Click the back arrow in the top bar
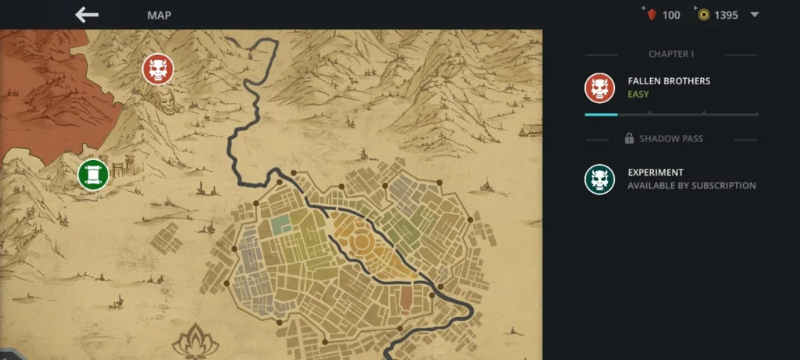tap(87, 15)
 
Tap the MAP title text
tap(159, 15)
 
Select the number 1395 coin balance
tap(726, 15)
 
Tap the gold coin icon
tap(704, 15)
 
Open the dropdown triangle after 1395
tap(755, 15)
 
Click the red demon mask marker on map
tap(158, 70)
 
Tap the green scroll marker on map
tap(93, 173)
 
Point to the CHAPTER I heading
tap(671, 55)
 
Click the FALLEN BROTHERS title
tap(669, 81)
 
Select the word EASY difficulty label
tap(638, 94)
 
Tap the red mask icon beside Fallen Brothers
tap(600, 87)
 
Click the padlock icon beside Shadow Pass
tap(629, 139)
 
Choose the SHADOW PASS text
tap(671, 139)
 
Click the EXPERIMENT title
tap(655, 173)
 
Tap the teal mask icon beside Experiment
tap(600, 179)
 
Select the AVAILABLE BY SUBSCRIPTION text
tap(691, 186)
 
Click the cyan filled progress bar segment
tap(601, 115)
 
